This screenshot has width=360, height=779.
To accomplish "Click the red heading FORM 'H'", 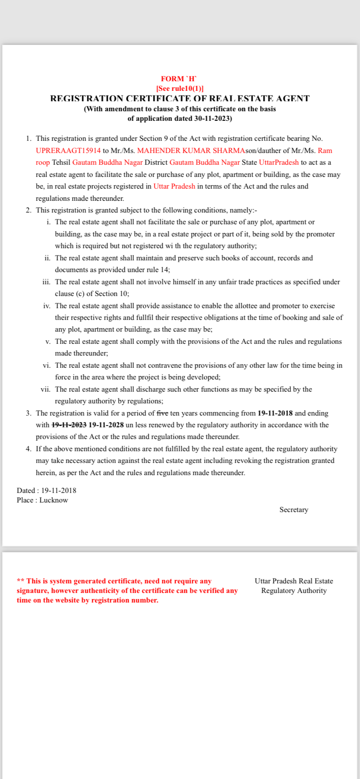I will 179,79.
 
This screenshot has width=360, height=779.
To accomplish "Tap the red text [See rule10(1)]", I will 180,88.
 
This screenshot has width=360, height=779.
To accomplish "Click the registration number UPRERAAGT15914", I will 68,150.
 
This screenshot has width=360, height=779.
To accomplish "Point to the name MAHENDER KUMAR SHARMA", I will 191,150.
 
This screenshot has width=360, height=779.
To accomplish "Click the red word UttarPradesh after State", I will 279,162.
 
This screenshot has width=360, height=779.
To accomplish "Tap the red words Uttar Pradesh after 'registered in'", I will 174,186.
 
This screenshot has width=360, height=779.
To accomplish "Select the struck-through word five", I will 162,413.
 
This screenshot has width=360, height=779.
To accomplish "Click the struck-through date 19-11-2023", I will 69,425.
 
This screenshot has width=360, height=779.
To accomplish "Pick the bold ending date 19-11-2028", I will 106,425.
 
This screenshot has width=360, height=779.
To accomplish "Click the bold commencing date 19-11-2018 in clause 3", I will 275,413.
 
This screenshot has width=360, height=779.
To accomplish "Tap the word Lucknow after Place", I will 53,500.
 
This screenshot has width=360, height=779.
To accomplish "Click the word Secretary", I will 293,509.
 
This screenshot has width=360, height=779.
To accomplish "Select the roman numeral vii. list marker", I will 46,389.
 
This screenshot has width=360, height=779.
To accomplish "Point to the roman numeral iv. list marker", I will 47,306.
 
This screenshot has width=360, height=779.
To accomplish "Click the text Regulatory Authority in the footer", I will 293,590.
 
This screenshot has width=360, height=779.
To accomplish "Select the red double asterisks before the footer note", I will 20,581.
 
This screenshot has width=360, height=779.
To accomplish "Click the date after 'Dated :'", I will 59,490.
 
